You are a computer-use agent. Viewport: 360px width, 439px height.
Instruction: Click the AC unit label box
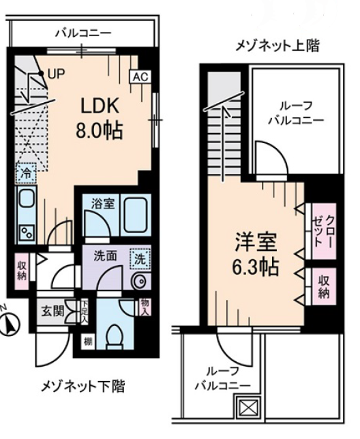139,76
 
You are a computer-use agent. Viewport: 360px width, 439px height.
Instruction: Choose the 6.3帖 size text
254,267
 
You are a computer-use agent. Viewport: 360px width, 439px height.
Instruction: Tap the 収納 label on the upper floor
323,286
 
